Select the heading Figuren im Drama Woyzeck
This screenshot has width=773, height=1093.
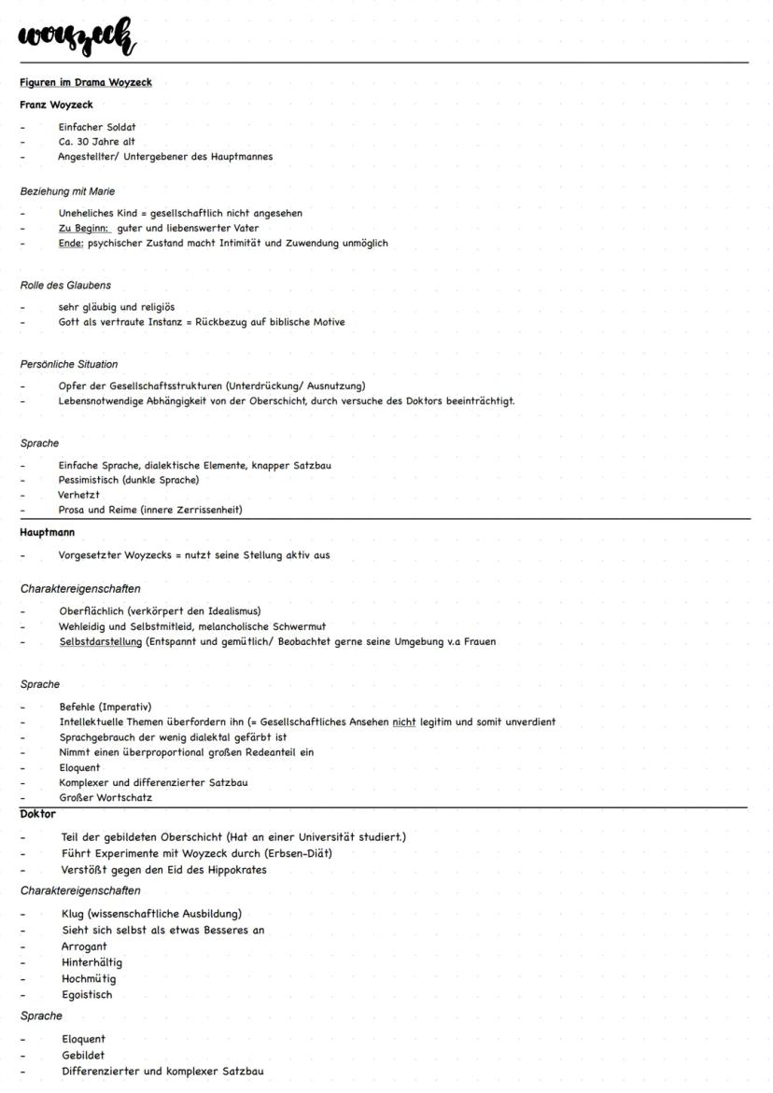pos(86,82)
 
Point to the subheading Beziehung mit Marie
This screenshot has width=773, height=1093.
pos(67,191)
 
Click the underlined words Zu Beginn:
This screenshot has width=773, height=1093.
pos(84,228)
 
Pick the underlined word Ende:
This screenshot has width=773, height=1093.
pos(71,243)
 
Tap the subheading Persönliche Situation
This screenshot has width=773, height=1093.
pos(69,364)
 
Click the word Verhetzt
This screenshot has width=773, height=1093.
pos(78,495)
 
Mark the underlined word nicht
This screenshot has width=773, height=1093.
pos(403,722)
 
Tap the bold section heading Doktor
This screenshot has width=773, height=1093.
pos(38,814)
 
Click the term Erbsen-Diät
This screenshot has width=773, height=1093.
pos(298,853)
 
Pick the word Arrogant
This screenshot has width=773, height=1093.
pos(84,946)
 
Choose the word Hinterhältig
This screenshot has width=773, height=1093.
pos(91,962)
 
